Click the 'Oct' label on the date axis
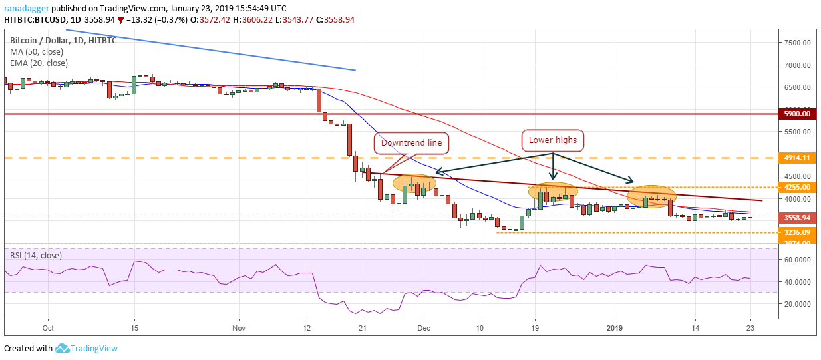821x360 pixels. click(x=47, y=328)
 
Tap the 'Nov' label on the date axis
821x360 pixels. click(x=240, y=328)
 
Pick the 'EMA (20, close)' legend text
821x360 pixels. click(x=39, y=63)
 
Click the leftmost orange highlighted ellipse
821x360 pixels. click(x=414, y=182)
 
